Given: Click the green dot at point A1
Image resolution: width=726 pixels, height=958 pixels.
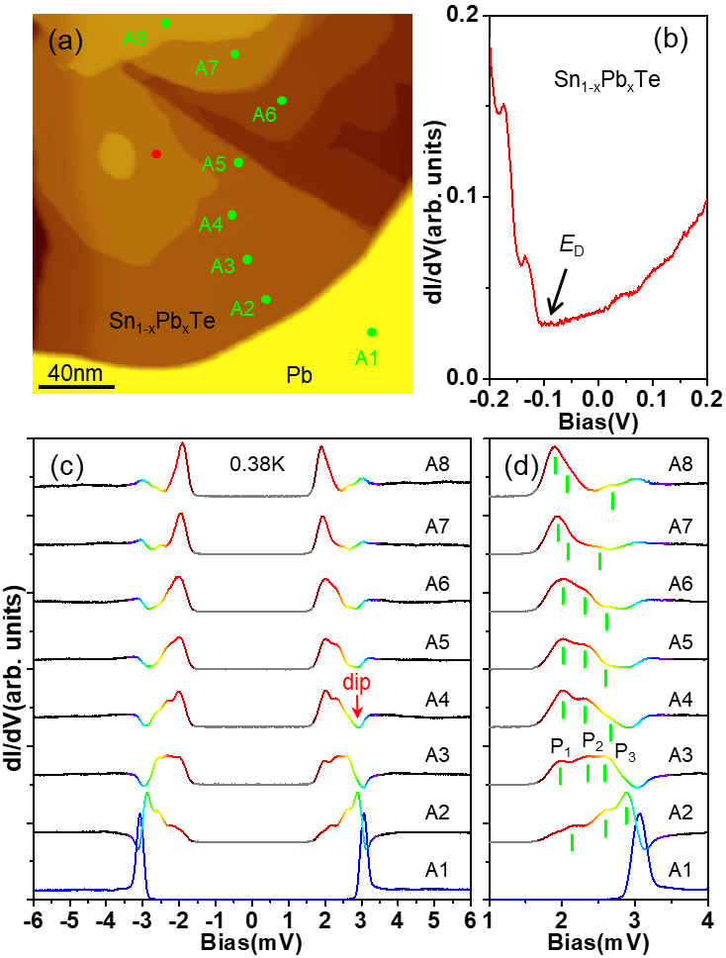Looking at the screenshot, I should [372, 333].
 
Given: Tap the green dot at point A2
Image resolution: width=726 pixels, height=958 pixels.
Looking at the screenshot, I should [266, 299].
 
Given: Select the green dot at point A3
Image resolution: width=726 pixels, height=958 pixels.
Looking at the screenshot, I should [247, 259].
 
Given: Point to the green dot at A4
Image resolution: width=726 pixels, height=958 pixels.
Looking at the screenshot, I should [232, 215].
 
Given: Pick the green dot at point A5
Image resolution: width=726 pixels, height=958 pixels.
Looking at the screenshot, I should [238, 162].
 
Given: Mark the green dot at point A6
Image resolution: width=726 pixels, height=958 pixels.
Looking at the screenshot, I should [282, 100].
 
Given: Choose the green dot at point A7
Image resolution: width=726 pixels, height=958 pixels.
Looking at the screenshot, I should [235, 53].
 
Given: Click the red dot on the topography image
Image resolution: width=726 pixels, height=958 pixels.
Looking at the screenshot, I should [156, 153].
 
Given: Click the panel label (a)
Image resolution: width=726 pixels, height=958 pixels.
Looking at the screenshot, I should [65, 42].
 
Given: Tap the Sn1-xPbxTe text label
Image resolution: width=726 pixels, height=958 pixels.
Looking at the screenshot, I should [162, 321].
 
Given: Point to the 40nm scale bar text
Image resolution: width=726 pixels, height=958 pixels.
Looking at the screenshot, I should [75, 373].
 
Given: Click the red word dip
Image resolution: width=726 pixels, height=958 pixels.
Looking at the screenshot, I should [357, 683].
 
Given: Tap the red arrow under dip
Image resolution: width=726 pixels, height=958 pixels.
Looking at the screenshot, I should [357, 706].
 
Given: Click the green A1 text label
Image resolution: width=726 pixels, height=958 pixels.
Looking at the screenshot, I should [367, 358].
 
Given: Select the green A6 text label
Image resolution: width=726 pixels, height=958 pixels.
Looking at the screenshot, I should [264, 115].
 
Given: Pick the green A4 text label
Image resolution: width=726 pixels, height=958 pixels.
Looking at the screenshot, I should [211, 225].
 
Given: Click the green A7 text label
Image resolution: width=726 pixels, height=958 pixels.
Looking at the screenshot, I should [207, 68].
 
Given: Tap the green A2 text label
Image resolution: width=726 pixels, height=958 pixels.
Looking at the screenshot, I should [242, 309].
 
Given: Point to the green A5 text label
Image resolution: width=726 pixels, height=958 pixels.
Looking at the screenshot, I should [215, 164].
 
